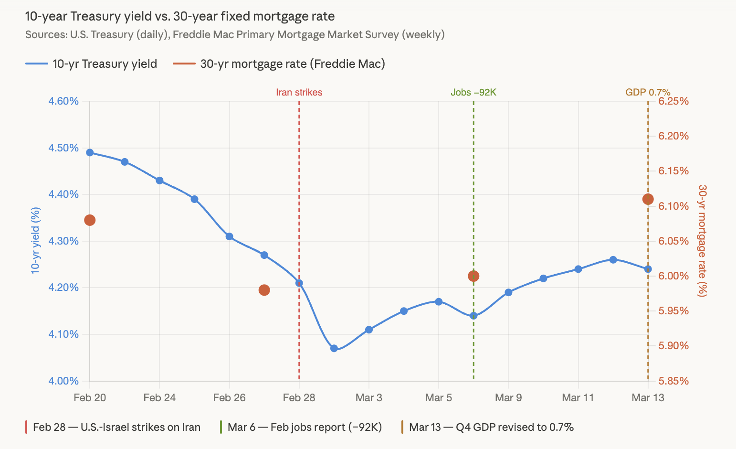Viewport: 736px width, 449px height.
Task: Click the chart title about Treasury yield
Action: coord(179,16)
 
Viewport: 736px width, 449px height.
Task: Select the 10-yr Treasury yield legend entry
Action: coord(91,64)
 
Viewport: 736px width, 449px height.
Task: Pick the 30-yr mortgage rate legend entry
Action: coord(279,64)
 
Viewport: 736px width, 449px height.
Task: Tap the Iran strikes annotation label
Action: coord(299,92)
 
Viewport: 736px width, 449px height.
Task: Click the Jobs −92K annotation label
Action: coord(473,92)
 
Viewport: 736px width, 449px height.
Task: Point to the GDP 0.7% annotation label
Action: coord(647,92)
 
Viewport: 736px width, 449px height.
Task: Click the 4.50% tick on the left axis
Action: coord(63,148)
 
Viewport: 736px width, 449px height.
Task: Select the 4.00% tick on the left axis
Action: coord(63,381)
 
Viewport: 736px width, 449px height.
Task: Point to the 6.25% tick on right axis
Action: coord(673,101)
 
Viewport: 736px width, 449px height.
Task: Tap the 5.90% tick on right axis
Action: coord(673,346)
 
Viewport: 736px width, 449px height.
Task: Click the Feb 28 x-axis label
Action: coord(299,397)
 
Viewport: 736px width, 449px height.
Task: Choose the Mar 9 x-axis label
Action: coord(508,397)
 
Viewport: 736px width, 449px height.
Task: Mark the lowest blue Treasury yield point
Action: coord(334,348)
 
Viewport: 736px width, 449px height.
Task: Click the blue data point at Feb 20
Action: coord(90,152)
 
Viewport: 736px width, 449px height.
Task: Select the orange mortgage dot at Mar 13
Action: coord(648,199)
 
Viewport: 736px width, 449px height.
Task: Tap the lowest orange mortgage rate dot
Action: coord(264,290)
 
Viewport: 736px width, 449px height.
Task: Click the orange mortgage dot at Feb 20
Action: coord(90,220)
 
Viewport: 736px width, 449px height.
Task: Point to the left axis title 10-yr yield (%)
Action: coord(35,241)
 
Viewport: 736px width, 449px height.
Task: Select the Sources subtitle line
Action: coord(235,35)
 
